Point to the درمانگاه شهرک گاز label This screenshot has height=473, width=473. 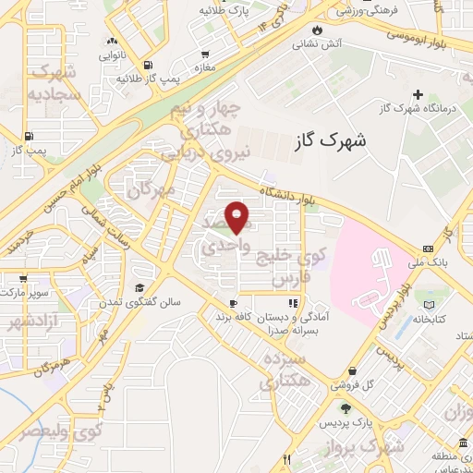(x=419, y=108)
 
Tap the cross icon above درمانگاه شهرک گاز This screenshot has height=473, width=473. (x=418, y=94)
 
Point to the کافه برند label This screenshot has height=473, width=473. (x=234, y=317)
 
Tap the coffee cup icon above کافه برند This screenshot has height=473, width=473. (x=233, y=302)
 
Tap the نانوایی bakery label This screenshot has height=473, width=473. (x=113, y=55)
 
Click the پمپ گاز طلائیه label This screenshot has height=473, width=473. (x=139, y=78)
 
